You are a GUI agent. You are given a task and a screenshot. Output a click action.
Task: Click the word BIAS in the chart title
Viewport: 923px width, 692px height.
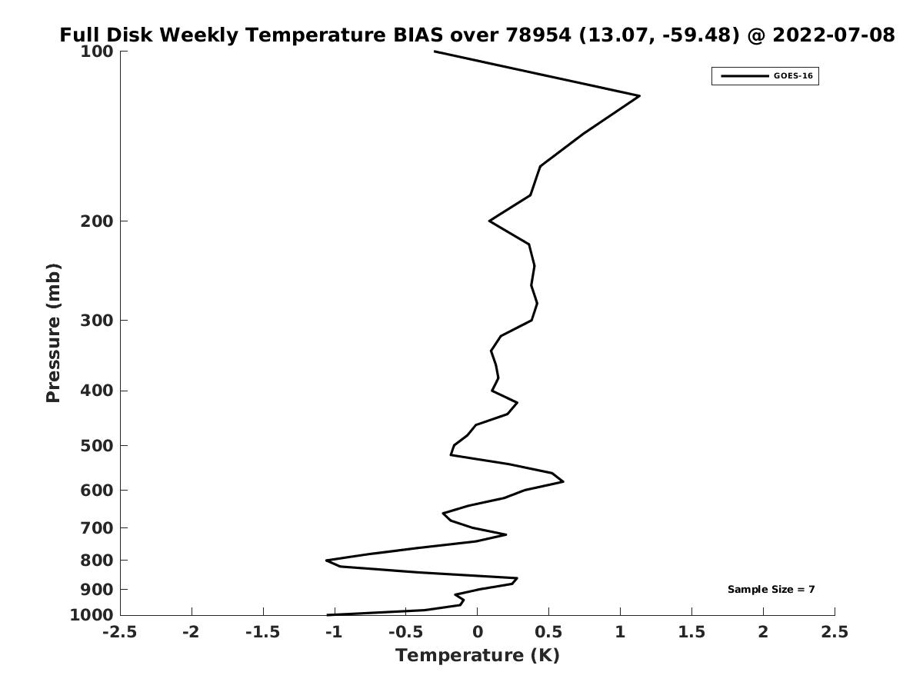point(418,35)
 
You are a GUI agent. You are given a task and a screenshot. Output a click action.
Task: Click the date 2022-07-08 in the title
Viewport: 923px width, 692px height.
point(834,35)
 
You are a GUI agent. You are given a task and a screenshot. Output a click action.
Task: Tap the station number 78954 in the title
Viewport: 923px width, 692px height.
point(538,35)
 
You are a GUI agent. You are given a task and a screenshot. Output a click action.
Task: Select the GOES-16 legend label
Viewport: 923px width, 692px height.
point(793,76)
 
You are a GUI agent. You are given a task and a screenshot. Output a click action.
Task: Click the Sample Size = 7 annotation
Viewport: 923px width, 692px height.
point(771,589)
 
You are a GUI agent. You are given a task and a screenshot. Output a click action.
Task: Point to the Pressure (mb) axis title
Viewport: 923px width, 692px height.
point(53,333)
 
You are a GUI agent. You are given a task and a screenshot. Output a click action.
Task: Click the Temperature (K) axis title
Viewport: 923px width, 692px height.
point(478,655)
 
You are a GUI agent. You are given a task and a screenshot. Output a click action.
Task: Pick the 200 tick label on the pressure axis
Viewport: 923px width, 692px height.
point(97,221)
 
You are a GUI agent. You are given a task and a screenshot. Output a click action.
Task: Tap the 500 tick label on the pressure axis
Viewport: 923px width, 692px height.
point(97,445)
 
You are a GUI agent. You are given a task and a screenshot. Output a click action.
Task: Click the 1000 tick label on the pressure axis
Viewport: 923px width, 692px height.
point(92,614)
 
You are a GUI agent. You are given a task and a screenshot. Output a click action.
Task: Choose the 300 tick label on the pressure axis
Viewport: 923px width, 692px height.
point(97,320)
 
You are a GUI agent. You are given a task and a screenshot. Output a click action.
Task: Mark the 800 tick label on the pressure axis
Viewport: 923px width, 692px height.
point(97,560)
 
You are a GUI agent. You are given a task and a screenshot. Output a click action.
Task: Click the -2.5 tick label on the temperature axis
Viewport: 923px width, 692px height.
point(120,631)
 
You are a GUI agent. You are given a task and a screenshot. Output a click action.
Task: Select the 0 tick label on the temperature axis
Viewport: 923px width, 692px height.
point(478,631)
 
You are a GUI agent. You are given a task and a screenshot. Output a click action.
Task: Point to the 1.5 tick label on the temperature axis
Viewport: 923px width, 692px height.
point(691,631)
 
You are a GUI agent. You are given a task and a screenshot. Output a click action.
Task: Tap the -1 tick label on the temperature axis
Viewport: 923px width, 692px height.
point(334,631)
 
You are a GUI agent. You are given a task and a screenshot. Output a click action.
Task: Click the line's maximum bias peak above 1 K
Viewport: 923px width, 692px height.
point(639,96)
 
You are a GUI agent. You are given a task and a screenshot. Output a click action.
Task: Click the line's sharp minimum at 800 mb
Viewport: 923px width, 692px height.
point(327,560)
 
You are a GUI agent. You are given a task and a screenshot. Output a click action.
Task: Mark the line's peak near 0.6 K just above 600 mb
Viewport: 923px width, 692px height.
point(563,481)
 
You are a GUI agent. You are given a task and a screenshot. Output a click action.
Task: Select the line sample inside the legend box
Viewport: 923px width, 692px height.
point(745,76)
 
